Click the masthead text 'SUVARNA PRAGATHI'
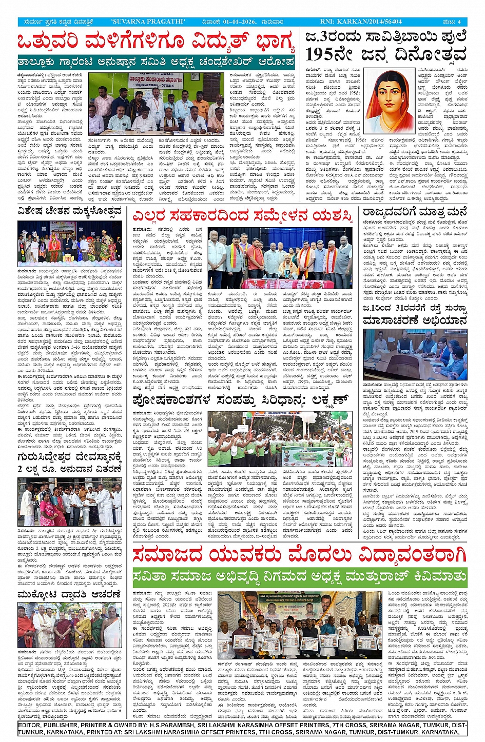(x=148, y=22)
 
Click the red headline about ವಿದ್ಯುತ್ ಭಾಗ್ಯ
(x=156, y=42)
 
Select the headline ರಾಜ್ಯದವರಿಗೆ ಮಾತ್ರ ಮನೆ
(x=415, y=212)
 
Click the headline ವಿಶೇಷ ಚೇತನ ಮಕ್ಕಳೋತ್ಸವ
(x=70, y=211)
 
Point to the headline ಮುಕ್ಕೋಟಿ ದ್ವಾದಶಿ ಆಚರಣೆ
(x=70, y=594)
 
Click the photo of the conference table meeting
(x=415, y=354)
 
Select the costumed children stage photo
(x=70, y=244)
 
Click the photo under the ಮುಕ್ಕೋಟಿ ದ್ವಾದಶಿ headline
(x=70, y=625)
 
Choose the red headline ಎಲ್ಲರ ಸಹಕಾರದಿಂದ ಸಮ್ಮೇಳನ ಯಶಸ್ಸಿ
(x=242, y=216)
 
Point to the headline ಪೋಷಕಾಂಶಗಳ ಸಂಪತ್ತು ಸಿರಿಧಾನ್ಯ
(x=241, y=400)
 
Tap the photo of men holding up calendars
(x=299, y=625)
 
